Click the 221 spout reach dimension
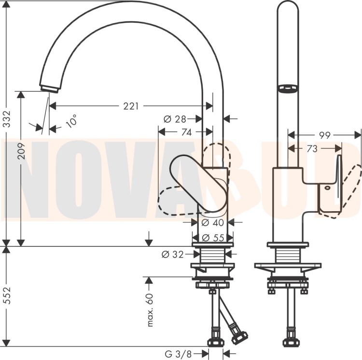[x=131, y=106]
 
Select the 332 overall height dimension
[x=8, y=119]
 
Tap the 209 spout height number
[x=21, y=151]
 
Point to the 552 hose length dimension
[x=8, y=296]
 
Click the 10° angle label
[x=71, y=121]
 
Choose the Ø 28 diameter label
[x=175, y=119]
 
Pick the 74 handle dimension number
[x=186, y=132]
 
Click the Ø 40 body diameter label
[x=213, y=222]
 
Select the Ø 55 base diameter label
[x=213, y=238]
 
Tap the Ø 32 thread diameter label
[x=172, y=254]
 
